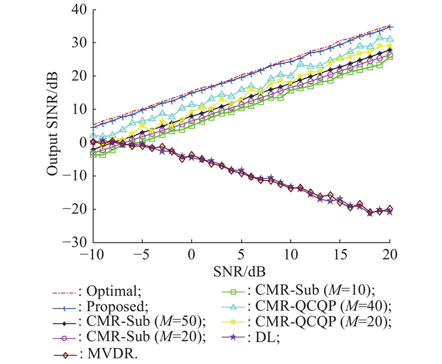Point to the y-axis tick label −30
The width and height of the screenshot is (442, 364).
click(x=74, y=242)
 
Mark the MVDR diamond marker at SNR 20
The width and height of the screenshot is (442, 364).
click(x=390, y=209)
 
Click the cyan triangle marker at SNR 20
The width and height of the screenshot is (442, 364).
click(x=390, y=39)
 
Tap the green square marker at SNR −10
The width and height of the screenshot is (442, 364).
click(x=92, y=155)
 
